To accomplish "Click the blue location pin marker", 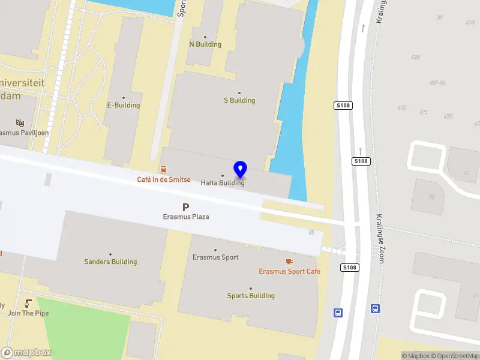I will (x=241, y=170).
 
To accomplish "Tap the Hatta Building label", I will (x=223, y=183).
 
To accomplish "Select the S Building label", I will (x=239, y=100).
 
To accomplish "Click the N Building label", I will (x=205, y=44).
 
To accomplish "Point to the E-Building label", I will (x=124, y=105).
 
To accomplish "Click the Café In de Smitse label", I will (x=164, y=179).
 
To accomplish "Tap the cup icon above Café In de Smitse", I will (x=163, y=170).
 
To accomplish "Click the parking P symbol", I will (x=186, y=207).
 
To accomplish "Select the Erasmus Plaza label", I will (x=186, y=217).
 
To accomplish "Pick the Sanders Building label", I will (x=110, y=262).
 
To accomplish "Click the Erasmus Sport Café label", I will (x=289, y=271).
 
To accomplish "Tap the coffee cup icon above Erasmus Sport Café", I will (x=289, y=262).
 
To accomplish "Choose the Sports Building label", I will (x=251, y=295).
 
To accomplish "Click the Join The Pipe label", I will (x=28, y=313).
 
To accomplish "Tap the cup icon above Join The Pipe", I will (x=28, y=304).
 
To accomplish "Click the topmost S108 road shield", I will (x=343, y=106).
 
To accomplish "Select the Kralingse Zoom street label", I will (x=380, y=238).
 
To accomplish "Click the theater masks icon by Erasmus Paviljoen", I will (x=20, y=123).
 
